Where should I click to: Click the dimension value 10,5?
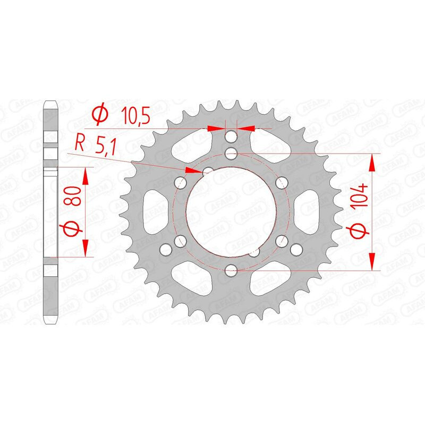click(x=135, y=115)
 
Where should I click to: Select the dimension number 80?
click(x=74, y=196)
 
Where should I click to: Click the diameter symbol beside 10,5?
click(x=100, y=115)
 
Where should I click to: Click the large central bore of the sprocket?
click(x=231, y=211)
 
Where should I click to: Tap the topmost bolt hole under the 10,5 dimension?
click(x=231, y=137)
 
